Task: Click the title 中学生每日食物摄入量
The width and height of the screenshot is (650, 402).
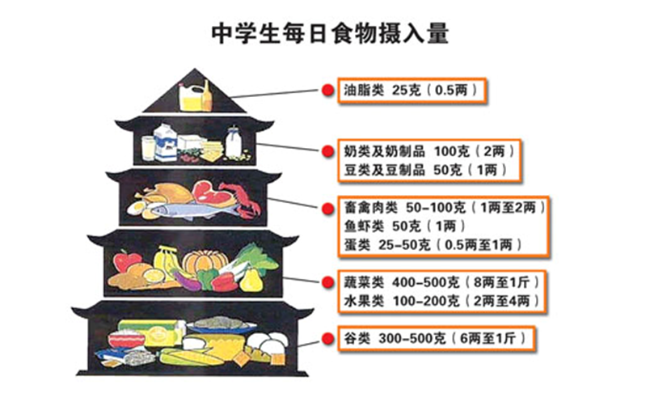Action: pos(330,33)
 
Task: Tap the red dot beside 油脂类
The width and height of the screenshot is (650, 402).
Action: pos(328,90)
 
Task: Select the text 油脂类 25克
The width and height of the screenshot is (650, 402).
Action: pos(382,90)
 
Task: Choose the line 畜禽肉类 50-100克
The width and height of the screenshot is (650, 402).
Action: pos(445,207)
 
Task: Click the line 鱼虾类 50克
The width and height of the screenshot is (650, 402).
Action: pos(404,226)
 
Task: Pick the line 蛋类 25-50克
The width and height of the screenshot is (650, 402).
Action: pos(433,245)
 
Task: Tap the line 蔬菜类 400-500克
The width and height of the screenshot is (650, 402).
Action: pos(442,282)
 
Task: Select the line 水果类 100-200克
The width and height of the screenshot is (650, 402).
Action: pos(442,301)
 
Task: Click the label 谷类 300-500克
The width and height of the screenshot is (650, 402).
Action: pos(435,339)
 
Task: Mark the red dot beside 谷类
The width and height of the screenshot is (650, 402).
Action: pos(328,339)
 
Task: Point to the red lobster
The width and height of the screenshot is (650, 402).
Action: pos(243,199)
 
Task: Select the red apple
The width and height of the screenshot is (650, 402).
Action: pos(127,260)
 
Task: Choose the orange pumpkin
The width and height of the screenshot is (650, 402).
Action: pos(205,260)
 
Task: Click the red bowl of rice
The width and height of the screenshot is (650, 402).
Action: pos(126,339)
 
